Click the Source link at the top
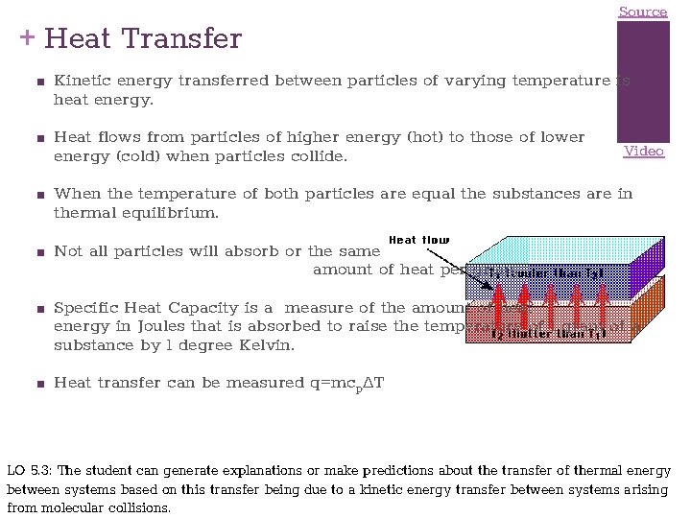(x=642, y=12)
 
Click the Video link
(x=643, y=151)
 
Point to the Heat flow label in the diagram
(x=418, y=239)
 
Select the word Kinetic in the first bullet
(x=83, y=82)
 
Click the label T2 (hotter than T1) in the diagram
(x=546, y=335)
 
